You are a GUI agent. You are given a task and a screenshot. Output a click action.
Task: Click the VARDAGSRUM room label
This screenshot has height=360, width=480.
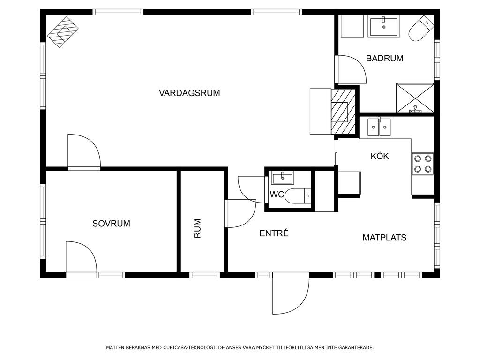click(189, 93)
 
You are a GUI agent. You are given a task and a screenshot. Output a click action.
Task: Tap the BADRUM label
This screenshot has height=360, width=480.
click(385, 58)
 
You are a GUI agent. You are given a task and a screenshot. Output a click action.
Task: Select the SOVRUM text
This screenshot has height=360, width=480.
click(112, 224)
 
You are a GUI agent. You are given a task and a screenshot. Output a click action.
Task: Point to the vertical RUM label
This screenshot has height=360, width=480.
click(197, 228)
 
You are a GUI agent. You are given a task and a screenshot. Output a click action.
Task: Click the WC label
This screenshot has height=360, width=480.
click(277, 195)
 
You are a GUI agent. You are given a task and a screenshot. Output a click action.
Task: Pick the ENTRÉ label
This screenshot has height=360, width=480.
click(274, 233)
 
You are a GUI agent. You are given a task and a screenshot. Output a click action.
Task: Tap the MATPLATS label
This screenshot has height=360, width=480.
click(384, 238)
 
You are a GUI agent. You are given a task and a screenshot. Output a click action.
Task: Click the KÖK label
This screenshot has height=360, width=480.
click(380, 156)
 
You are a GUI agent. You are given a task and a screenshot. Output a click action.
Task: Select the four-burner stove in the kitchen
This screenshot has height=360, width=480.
click(423, 164)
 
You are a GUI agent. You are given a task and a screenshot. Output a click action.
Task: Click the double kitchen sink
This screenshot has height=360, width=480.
click(379, 127)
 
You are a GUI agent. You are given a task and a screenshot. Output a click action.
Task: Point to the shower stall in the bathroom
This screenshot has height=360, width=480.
click(415, 98)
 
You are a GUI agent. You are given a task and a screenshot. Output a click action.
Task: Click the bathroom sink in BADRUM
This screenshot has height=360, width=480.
click(384, 27)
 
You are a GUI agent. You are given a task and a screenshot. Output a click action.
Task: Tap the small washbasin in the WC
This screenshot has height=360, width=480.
click(283, 178)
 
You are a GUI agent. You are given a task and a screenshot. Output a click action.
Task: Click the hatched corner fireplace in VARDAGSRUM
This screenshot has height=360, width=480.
click(63, 32)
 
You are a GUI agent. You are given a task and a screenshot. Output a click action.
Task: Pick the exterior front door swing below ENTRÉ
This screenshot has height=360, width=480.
click(290, 294)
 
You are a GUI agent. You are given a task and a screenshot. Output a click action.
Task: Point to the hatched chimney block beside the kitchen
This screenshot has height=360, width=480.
click(343, 112)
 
